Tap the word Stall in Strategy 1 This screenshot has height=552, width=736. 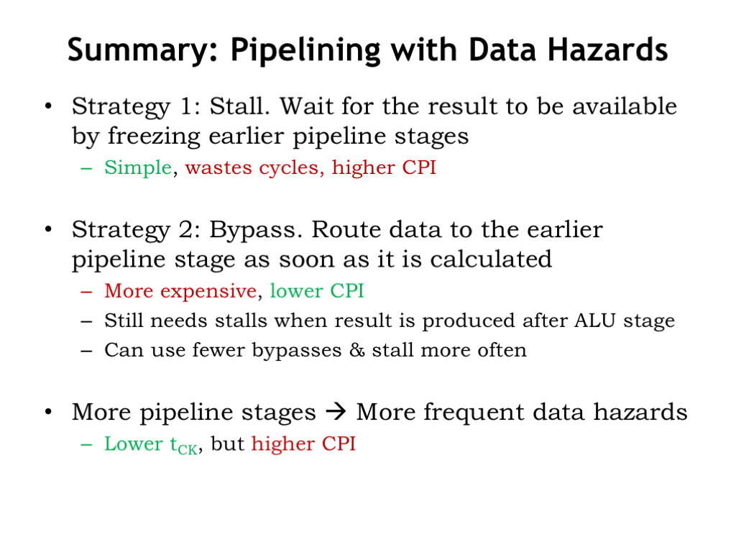point(239,106)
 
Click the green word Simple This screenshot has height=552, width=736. point(138,167)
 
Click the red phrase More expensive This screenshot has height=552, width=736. point(180,291)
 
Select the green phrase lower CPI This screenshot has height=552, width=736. point(317,290)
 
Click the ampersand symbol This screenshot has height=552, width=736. point(356,350)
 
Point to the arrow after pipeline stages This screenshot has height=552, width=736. point(336,412)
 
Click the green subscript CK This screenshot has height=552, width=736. point(188,450)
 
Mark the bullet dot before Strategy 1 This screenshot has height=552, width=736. point(48,106)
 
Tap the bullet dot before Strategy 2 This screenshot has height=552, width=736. point(48,229)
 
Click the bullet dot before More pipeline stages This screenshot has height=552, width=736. point(48,412)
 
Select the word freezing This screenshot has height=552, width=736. point(155,137)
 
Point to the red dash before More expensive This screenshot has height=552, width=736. point(86,292)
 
